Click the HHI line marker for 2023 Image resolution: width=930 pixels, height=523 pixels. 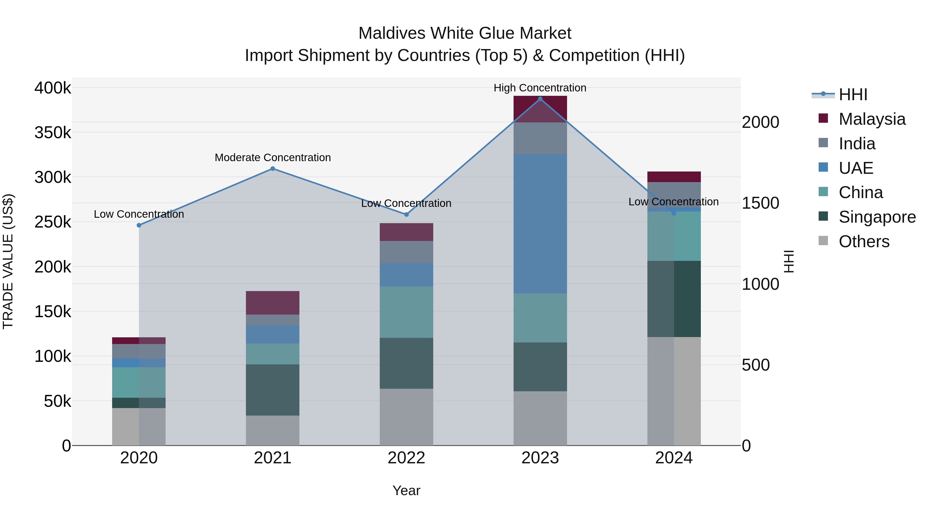[x=540, y=99]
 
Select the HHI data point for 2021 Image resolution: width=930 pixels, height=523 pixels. [x=273, y=169]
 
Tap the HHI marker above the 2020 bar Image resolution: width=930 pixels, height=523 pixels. [x=139, y=225]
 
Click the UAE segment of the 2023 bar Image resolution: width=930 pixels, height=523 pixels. [x=540, y=224]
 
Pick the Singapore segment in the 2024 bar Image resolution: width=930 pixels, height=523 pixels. [x=674, y=299]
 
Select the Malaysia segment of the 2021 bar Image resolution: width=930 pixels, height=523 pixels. [x=273, y=303]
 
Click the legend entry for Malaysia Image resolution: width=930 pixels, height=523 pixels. [x=872, y=119]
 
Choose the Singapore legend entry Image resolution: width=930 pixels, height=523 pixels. [x=877, y=217]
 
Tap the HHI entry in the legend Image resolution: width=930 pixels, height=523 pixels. [x=853, y=95]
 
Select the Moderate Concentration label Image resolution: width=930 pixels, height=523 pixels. [x=273, y=158]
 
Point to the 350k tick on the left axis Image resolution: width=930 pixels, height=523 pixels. [x=53, y=132]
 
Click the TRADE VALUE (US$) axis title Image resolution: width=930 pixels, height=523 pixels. [x=8, y=261]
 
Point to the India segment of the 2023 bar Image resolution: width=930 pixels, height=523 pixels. [x=540, y=138]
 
